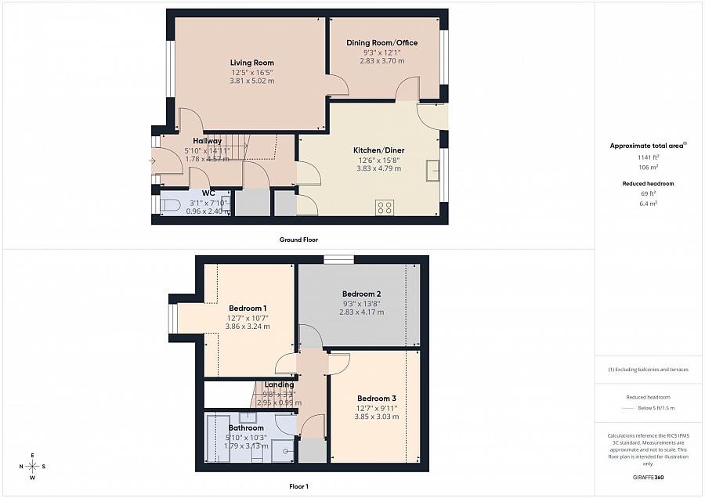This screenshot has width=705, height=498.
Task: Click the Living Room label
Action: click(x=251, y=63)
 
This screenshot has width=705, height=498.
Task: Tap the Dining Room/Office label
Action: click(x=382, y=42)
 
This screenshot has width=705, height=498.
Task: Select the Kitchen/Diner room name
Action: click(x=378, y=150)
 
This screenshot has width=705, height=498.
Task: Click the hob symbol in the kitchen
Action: click(x=385, y=207)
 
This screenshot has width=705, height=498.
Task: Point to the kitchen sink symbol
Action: click(x=432, y=170)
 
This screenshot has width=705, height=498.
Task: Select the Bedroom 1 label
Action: click(x=248, y=308)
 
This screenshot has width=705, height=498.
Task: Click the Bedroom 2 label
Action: click(x=361, y=294)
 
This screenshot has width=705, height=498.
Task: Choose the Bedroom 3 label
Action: click(x=377, y=398)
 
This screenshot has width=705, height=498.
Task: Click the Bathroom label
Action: click(x=246, y=428)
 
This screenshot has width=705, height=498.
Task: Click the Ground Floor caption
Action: click(x=298, y=240)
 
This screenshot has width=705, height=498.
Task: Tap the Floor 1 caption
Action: click(x=298, y=486)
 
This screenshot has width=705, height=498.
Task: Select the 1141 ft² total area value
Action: click(x=648, y=157)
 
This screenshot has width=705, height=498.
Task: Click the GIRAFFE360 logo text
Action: click(x=648, y=477)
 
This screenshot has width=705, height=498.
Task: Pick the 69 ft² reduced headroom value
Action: click(x=648, y=193)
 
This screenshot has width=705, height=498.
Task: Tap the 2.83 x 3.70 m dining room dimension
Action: click(x=382, y=60)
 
